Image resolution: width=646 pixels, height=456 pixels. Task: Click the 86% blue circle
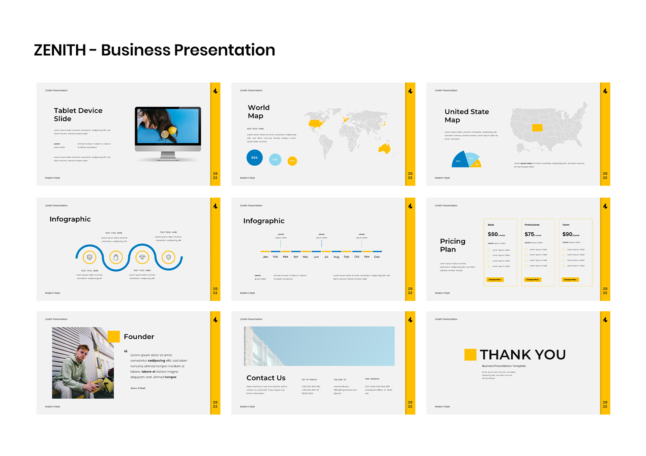[255, 157]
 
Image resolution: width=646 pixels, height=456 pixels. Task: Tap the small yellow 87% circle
[292, 161]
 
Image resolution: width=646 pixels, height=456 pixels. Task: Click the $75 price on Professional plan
[529, 234]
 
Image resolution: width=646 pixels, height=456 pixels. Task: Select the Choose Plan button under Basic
[495, 280]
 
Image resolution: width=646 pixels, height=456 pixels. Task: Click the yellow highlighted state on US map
[537, 128]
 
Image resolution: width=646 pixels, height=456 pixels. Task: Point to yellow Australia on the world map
[385, 149]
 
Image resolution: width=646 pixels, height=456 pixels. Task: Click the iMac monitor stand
[168, 156]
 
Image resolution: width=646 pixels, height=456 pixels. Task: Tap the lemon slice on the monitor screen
[165, 134]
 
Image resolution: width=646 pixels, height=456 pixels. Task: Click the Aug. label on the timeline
[336, 257]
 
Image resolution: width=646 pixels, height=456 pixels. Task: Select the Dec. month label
[377, 257]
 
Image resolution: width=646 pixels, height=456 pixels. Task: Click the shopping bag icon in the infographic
[116, 257]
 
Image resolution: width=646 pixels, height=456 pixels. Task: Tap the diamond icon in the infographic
[142, 257]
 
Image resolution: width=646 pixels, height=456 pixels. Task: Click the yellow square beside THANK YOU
[470, 355]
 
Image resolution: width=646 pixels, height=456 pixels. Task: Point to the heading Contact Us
[266, 378]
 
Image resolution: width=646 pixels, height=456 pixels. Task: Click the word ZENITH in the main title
[60, 50]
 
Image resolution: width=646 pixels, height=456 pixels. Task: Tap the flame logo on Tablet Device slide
[215, 91]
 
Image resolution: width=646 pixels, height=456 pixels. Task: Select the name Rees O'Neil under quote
[138, 388]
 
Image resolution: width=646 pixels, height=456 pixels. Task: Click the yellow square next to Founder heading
[114, 337]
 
